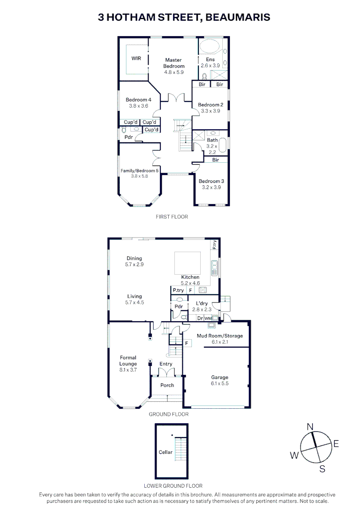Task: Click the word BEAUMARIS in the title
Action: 239,17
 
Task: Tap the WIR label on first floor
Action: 136,58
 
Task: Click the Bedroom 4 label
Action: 138,100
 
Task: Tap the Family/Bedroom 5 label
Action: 140,170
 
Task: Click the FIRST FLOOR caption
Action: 172,217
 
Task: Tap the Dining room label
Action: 133,258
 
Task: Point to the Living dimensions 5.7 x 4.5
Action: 134,302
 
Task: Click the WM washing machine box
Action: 208,318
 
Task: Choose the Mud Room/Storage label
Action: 219,336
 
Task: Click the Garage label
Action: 219,377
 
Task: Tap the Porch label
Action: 167,385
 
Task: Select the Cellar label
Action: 165,452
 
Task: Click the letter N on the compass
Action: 310,427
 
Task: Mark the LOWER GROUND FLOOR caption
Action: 173,486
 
